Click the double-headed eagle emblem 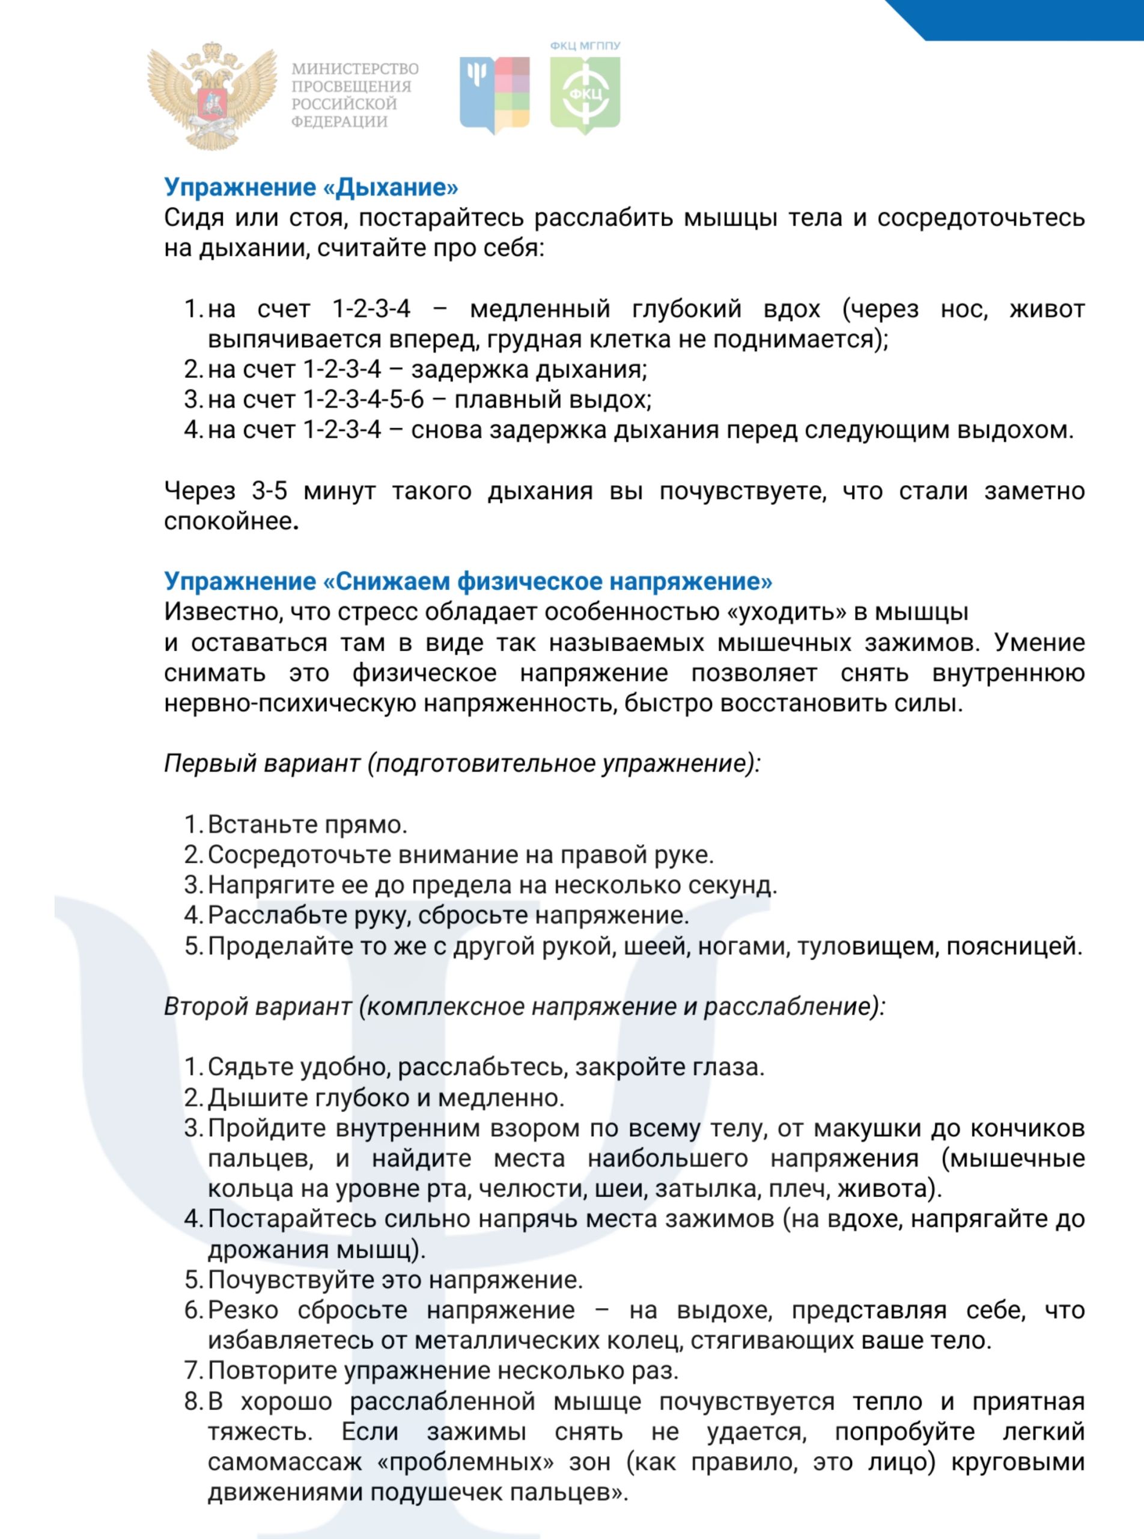tap(211, 95)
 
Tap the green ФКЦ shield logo tap(585, 95)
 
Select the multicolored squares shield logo tap(494, 95)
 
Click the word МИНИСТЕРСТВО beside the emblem tap(354, 69)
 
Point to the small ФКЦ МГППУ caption tap(585, 46)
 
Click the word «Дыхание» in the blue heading tap(391, 187)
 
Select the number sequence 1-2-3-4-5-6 tap(364, 400)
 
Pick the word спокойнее tap(228, 521)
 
